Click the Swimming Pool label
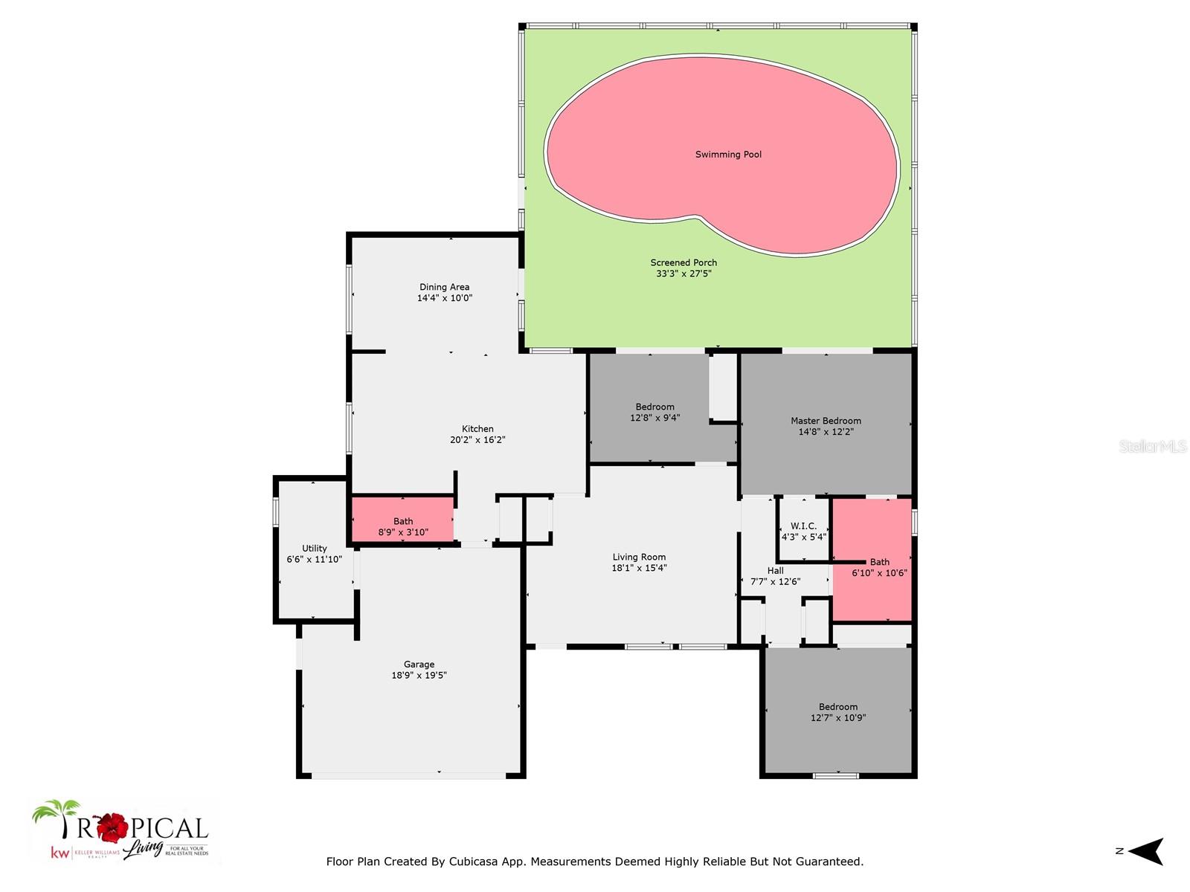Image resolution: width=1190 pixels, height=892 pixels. [728, 155]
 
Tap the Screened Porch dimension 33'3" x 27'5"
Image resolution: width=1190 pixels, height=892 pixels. [684, 274]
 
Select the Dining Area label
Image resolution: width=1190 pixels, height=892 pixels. [444, 287]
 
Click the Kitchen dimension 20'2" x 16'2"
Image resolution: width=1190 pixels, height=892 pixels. [477, 440]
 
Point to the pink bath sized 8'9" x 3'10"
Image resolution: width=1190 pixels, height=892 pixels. [402, 520]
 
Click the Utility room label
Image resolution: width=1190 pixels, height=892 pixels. [314, 549]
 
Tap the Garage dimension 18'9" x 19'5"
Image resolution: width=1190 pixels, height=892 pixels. [419, 676]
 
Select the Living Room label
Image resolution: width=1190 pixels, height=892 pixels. [639, 557]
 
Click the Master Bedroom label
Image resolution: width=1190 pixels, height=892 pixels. [826, 421]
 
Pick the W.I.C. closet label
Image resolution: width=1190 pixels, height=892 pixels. [803, 526]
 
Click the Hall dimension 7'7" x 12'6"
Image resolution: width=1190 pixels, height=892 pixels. [775, 582]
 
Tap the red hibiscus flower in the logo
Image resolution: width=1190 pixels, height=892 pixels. [113, 827]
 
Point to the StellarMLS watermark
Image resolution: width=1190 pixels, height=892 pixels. [1152, 446]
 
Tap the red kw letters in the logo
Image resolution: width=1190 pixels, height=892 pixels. [59, 853]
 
